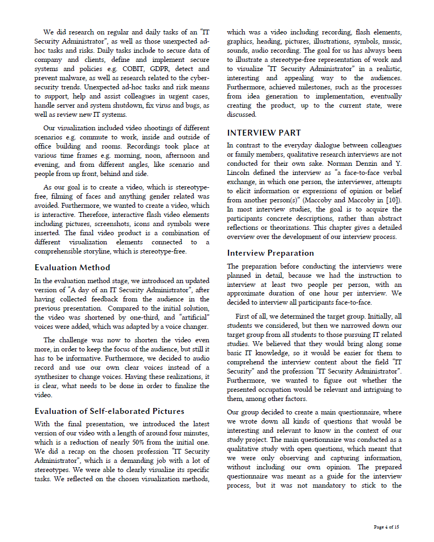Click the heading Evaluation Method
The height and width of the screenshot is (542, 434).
coord(72,268)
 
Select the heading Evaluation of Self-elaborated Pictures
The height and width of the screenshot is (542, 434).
coord(109,411)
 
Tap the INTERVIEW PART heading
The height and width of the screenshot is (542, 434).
coord(264,132)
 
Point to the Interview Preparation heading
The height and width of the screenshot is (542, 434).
coord(270,253)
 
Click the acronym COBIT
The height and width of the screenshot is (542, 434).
coord(136,69)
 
